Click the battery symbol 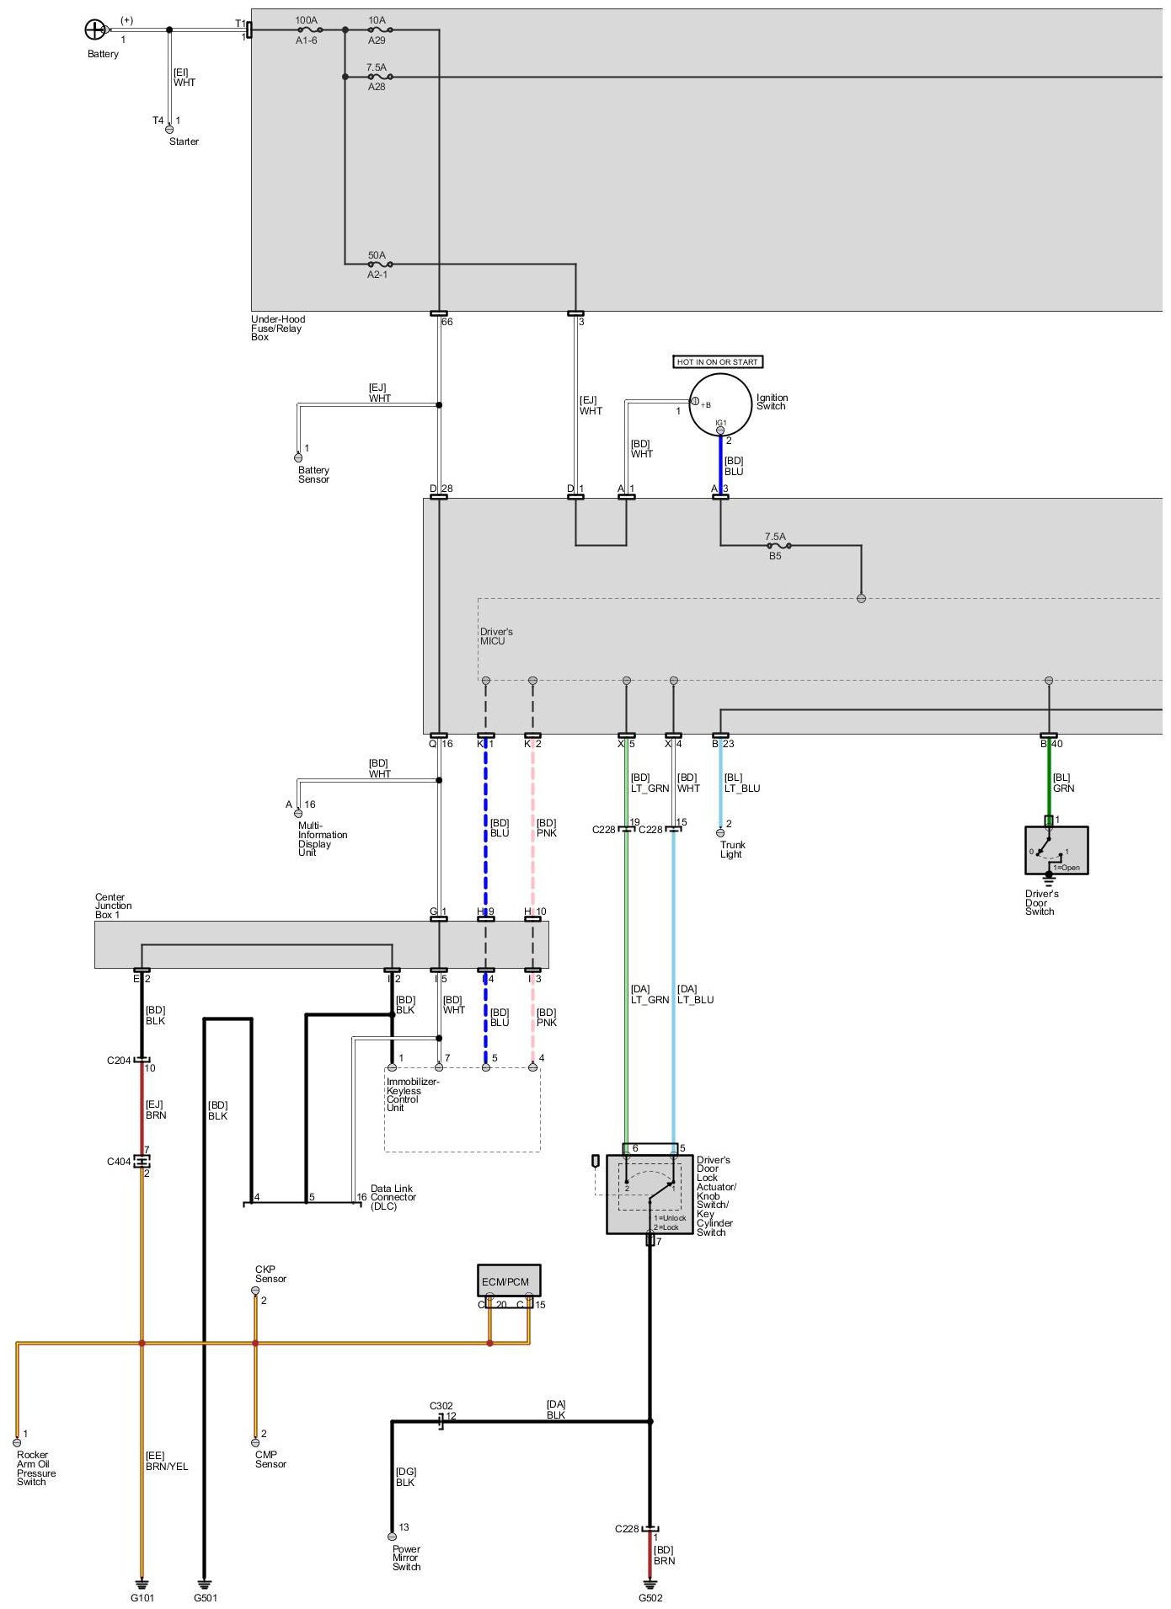point(94,30)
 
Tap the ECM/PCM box point(508,1280)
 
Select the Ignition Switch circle point(719,405)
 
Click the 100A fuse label point(306,19)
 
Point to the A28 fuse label point(377,87)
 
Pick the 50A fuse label point(377,255)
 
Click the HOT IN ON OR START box point(718,362)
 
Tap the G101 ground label point(142,1597)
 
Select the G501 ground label point(206,1597)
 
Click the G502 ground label point(650,1597)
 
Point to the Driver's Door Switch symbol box point(1056,850)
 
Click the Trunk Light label point(732,849)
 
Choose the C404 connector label point(119,1162)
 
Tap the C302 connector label point(441,1406)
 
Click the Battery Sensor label point(313,475)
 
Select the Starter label point(184,142)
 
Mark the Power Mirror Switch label point(406,1558)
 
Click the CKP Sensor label point(270,1274)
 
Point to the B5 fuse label point(775,556)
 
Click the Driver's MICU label point(496,636)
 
